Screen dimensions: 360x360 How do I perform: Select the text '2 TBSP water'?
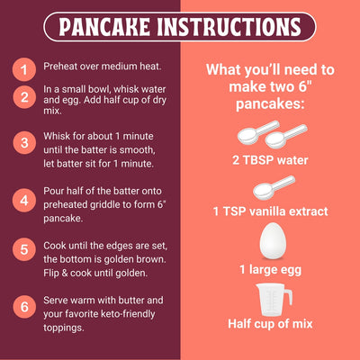269,160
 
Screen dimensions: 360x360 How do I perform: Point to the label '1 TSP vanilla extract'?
269,211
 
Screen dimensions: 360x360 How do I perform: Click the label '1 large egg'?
269,269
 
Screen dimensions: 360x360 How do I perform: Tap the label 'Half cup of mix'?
269,324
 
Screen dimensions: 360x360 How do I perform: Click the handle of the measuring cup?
287,295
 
